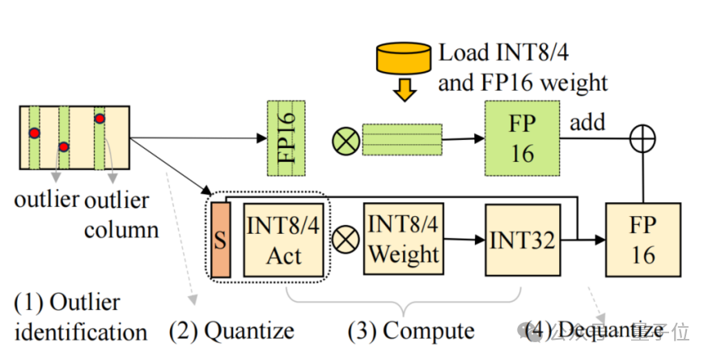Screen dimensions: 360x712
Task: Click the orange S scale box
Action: click(x=218, y=240)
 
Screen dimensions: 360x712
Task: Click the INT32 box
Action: click(x=523, y=239)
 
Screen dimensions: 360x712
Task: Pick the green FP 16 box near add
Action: click(x=522, y=138)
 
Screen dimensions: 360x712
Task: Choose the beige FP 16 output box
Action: click(x=642, y=240)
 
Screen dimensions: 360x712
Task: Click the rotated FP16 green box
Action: click(x=286, y=138)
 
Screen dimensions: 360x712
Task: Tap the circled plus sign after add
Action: click(x=642, y=139)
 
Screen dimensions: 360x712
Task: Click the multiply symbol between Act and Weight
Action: click(x=345, y=239)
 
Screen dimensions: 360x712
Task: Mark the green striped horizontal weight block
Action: click(x=402, y=139)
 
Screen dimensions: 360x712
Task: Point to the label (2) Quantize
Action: click(x=231, y=330)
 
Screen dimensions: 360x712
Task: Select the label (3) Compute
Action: click(x=411, y=330)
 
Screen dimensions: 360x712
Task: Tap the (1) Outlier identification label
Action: click(x=78, y=317)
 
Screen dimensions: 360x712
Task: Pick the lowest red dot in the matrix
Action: click(x=63, y=146)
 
